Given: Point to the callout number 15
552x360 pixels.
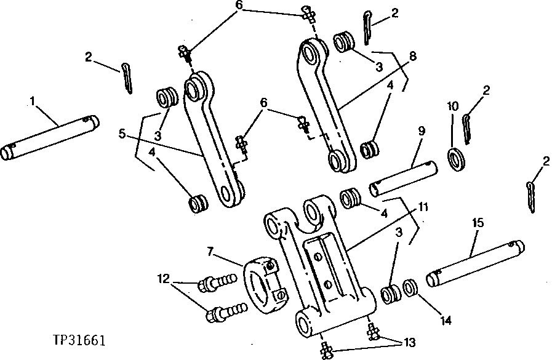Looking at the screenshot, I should pyautogui.click(x=477, y=222).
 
